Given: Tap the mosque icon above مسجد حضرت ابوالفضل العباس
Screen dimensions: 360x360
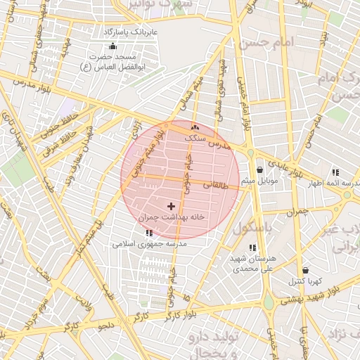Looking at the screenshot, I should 113,46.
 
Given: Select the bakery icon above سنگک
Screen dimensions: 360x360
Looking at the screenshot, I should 195,128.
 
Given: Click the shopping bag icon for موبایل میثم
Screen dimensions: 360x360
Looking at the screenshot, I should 260,170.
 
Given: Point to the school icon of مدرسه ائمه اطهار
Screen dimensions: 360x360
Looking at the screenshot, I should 335,172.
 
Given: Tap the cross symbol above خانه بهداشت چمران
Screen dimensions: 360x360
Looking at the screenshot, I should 171,206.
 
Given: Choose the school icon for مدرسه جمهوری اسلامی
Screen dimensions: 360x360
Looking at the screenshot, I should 148,233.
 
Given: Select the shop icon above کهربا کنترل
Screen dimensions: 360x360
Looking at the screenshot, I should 305,270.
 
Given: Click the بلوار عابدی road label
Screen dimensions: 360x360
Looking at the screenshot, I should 289,165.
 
